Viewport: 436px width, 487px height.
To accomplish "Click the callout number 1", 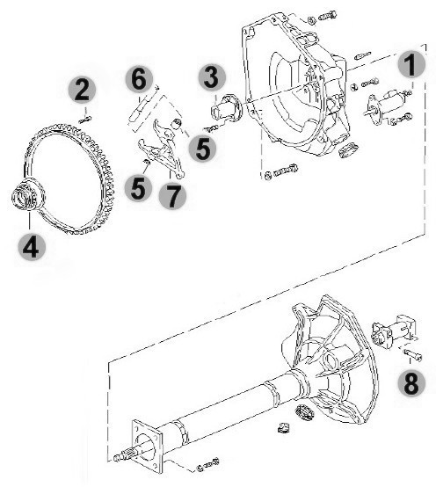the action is [411, 64].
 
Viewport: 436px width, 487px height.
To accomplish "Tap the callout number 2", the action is [82, 90].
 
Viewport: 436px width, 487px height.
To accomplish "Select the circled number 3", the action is [212, 78].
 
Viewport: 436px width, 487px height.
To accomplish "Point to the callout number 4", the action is [32, 247].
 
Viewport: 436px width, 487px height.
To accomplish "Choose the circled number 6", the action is [139, 79].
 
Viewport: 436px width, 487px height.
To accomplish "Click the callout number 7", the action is [172, 195].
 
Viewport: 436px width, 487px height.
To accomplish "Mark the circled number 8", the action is [411, 382].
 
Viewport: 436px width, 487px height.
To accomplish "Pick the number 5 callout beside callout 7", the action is [138, 188].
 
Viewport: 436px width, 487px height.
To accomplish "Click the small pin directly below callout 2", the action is [85, 120].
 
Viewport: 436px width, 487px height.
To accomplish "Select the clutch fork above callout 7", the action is [163, 149].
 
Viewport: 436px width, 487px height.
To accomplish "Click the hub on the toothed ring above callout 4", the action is [27, 195].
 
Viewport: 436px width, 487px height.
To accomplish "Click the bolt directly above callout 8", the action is [412, 354].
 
